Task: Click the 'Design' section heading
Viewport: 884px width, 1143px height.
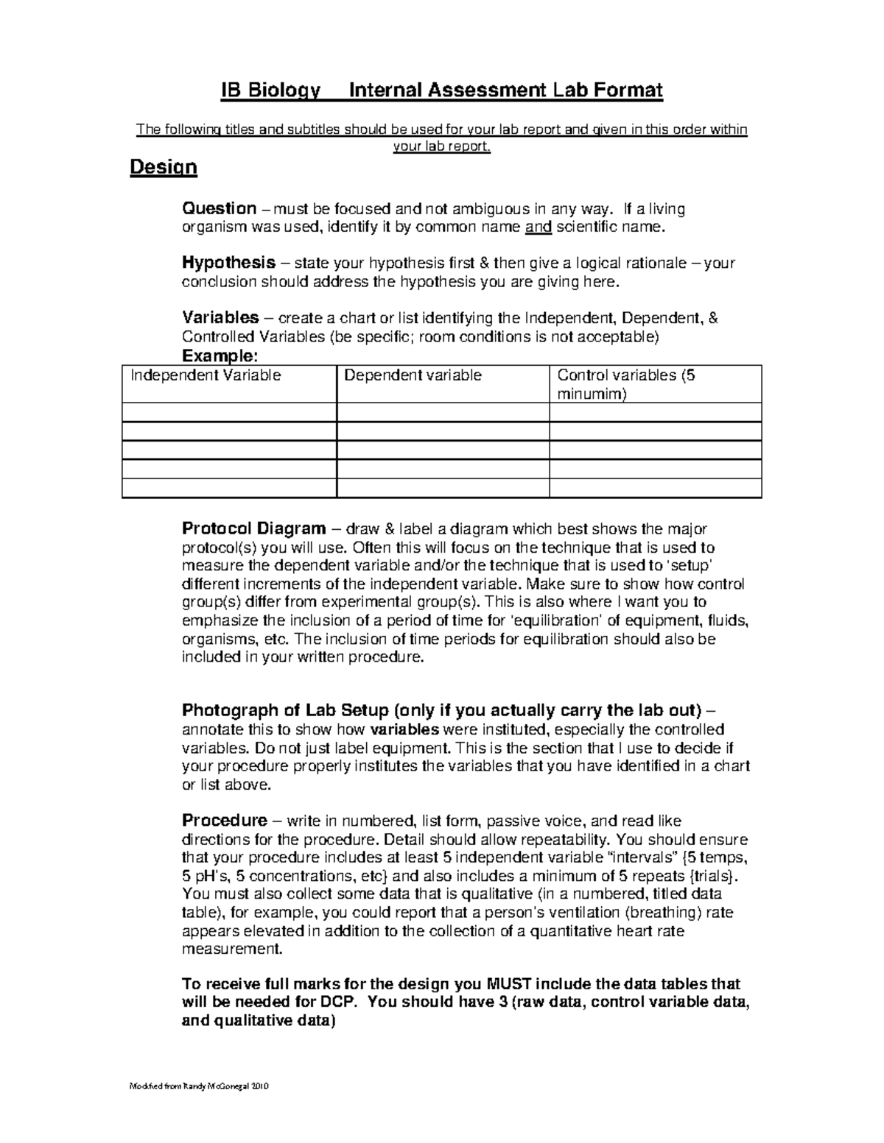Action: [x=163, y=168]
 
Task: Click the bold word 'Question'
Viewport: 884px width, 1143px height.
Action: [x=219, y=209]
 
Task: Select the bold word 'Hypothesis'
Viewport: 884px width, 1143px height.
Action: [x=228, y=263]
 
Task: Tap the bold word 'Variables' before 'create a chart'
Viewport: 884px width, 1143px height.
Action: [x=220, y=318]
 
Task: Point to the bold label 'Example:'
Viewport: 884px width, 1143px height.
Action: [x=220, y=356]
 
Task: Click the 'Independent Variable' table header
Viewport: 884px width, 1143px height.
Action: [x=206, y=375]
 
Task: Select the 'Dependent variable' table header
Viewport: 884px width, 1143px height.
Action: [x=413, y=375]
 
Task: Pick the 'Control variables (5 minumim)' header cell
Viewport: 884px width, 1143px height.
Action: [x=626, y=384]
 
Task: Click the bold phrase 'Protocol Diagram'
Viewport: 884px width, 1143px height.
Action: [x=253, y=529]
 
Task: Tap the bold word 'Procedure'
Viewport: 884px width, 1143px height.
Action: [x=224, y=821]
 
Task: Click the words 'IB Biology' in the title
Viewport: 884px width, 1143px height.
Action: [x=271, y=91]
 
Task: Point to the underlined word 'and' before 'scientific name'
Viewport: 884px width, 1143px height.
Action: [x=538, y=227]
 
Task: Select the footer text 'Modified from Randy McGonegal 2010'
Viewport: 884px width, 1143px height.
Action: [x=199, y=1086]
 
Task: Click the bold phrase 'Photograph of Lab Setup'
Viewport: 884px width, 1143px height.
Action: [x=286, y=711]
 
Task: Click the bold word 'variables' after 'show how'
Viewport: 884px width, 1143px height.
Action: [x=404, y=730]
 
